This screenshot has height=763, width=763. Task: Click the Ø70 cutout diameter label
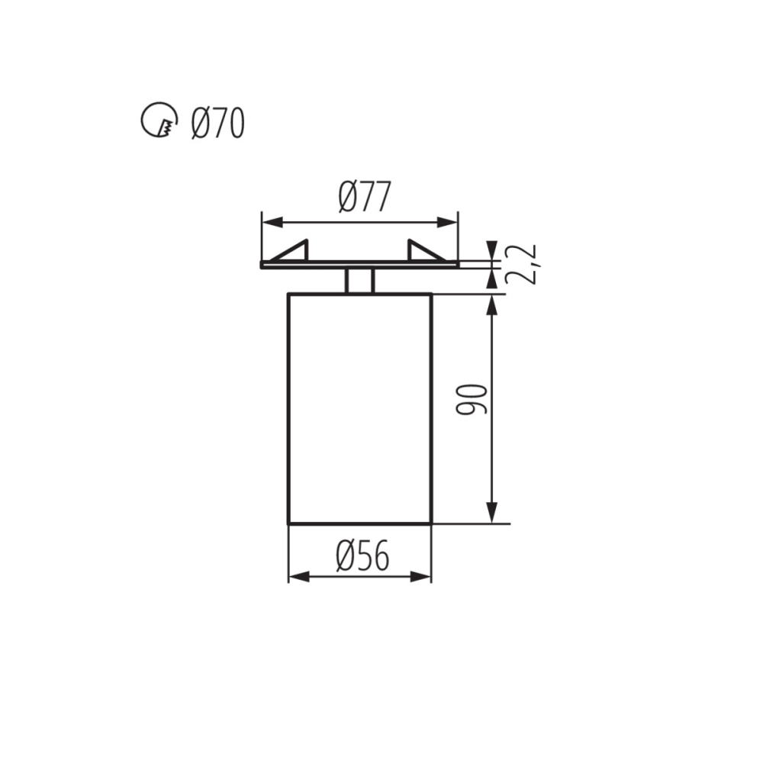coord(218,123)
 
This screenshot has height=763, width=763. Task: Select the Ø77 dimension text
coord(364,198)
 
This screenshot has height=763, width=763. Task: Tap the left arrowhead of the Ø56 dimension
coord(298,576)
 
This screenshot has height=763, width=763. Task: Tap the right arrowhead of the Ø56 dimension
coord(421,576)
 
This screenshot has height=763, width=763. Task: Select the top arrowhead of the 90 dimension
coord(492,304)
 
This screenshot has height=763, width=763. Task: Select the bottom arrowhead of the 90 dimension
coord(492,513)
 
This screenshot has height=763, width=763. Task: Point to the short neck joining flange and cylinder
coord(359,280)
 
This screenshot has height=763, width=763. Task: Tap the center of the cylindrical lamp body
coord(359,408)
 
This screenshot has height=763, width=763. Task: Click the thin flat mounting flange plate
coord(359,265)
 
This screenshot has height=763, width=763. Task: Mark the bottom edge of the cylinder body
coord(359,523)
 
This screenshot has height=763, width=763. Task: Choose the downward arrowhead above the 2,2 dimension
coord(492,252)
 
